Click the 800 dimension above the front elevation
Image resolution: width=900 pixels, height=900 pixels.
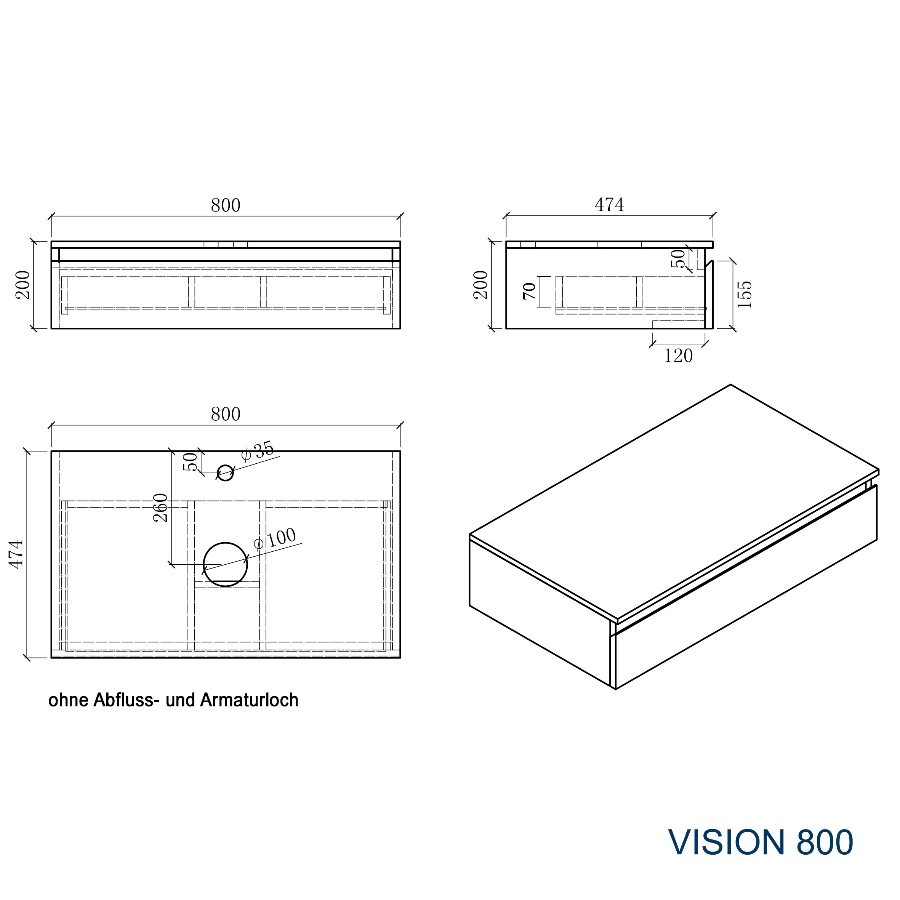pyautogui.click(x=226, y=205)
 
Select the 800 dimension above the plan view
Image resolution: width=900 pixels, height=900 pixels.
pyautogui.click(x=226, y=414)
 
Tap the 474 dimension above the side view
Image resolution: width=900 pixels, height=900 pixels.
pyautogui.click(x=609, y=205)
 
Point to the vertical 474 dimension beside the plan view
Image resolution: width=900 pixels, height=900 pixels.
pyautogui.click(x=17, y=554)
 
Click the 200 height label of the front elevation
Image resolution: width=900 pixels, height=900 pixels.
pyautogui.click(x=23, y=285)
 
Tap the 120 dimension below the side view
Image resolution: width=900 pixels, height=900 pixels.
pyautogui.click(x=678, y=356)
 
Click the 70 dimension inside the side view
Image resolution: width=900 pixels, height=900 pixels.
pyautogui.click(x=530, y=291)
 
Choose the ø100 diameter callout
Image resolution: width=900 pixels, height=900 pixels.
pyautogui.click(x=274, y=539)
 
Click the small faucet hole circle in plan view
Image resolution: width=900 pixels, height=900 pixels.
pyautogui.click(x=226, y=473)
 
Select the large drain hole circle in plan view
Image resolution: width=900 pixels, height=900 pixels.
pyautogui.click(x=226, y=564)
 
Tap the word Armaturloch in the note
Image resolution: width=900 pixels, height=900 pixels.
pyautogui.click(x=249, y=700)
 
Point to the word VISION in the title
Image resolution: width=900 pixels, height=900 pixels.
pyautogui.click(x=727, y=842)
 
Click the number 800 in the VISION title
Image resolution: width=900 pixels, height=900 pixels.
pyautogui.click(x=825, y=842)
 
